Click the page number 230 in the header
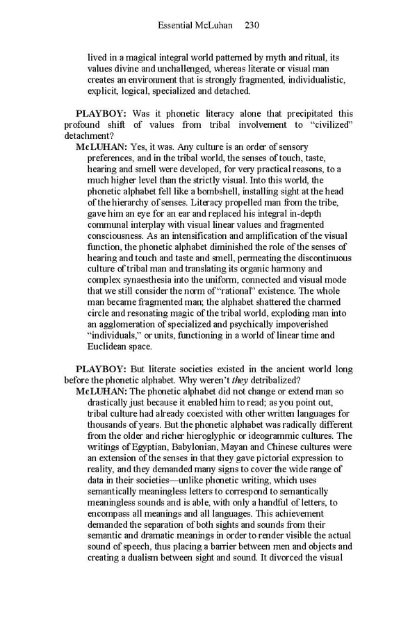point(252,26)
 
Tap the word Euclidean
point(109,347)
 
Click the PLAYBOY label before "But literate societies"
point(101,369)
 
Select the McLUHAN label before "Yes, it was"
point(101,147)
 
